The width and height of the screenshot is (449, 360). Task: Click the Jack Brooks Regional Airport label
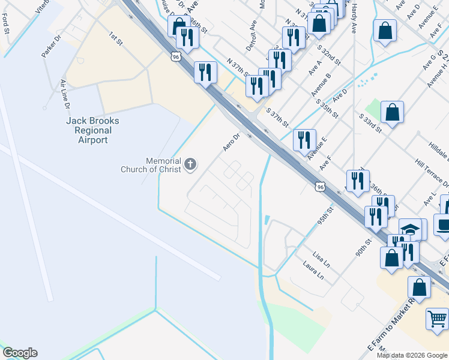pos(92,130)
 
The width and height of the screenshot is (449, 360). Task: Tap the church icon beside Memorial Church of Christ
pos(190,164)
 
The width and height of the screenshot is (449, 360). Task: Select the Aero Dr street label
pos(231,142)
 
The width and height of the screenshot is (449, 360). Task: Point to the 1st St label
pos(115,39)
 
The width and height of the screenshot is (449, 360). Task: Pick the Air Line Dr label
pos(64,94)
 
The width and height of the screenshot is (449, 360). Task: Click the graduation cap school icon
pos(410,230)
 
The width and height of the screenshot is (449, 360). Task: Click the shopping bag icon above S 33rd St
pos(392,112)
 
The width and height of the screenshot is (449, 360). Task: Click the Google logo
pos(20,353)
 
